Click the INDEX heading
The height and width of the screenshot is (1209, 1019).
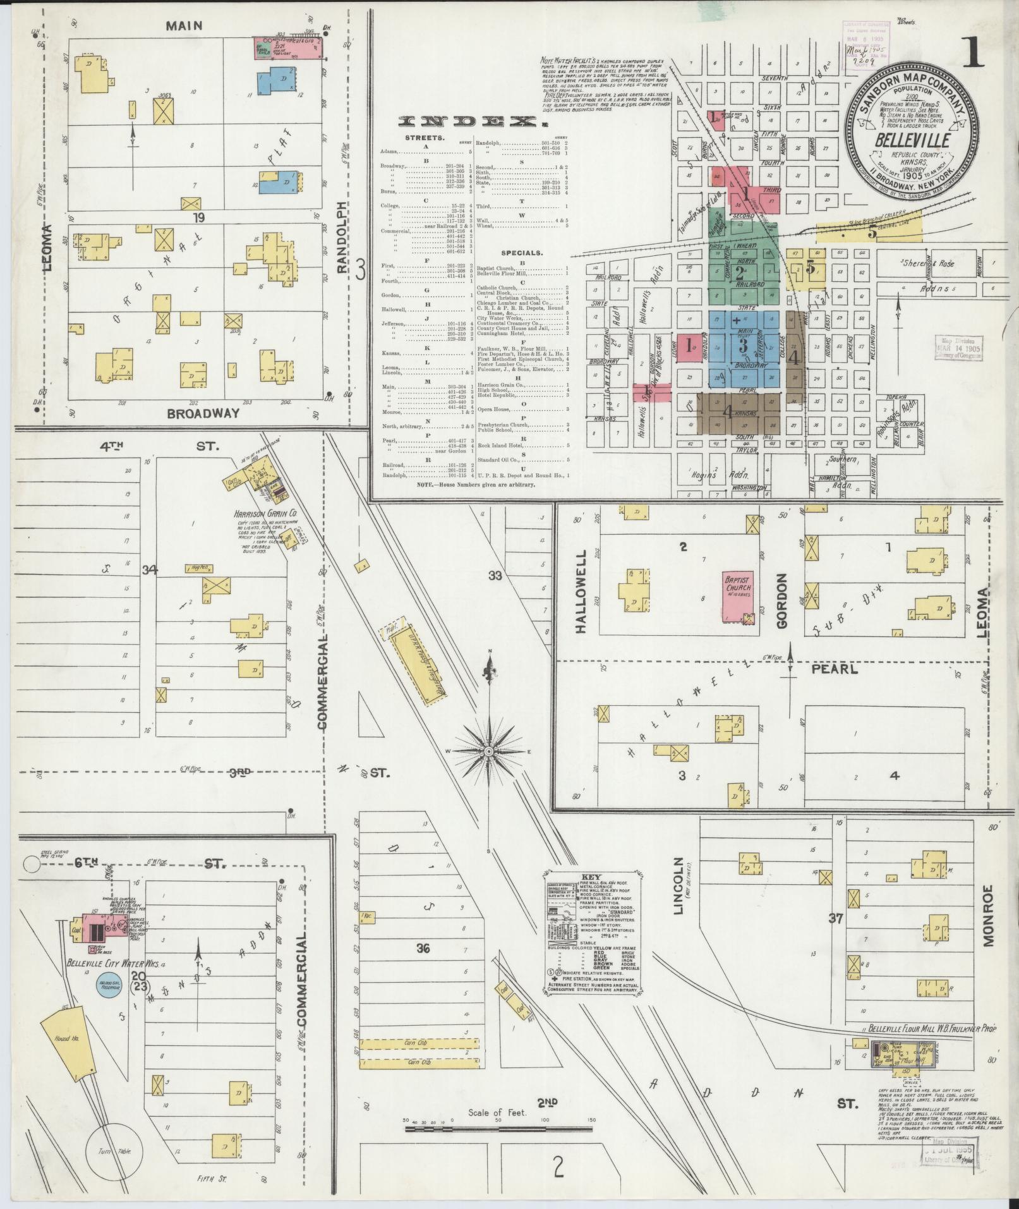[469, 122]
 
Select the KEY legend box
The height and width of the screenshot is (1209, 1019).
[591, 926]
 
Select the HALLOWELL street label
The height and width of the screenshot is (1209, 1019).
[582, 591]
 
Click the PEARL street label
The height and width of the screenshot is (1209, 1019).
[843, 669]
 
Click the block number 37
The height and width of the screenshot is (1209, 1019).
[835, 918]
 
